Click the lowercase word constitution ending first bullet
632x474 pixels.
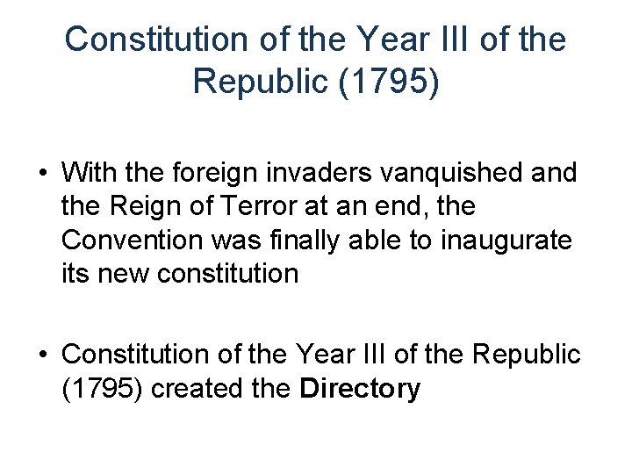[x=231, y=273]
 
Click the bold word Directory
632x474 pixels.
[x=360, y=388]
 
